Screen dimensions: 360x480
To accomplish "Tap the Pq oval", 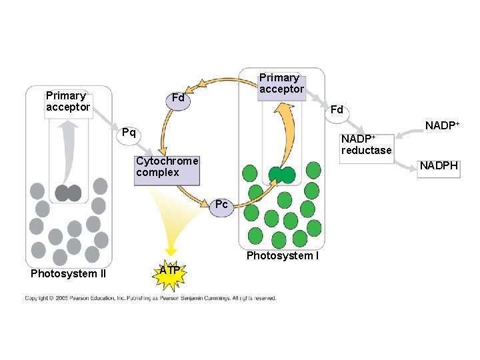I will click(129, 133).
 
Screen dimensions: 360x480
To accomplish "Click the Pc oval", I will click(221, 205).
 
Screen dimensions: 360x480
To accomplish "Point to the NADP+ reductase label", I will click(366, 145).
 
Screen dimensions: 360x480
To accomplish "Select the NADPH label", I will click(439, 166).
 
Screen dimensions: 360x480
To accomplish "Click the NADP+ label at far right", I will click(442, 125).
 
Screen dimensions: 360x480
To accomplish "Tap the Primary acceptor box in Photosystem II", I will click(68, 102).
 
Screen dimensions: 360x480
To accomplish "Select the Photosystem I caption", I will click(282, 256).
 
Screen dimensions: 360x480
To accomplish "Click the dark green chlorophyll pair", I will click(281, 175).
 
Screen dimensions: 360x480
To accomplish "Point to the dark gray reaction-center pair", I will click(68, 193).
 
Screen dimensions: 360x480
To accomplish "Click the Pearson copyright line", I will click(151, 298).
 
